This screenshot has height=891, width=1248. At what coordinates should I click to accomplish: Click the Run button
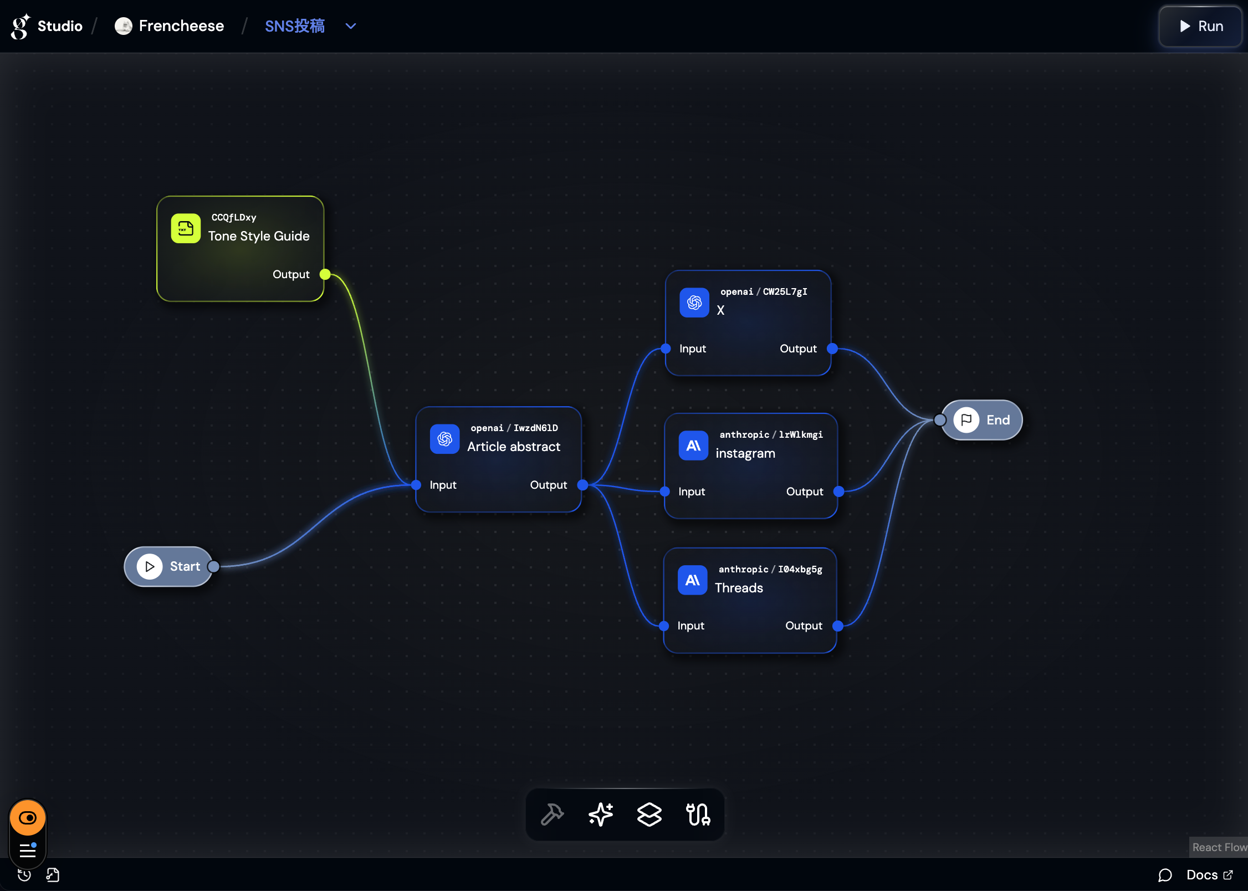click(x=1200, y=26)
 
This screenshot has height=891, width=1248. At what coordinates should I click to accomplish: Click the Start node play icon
click(x=150, y=566)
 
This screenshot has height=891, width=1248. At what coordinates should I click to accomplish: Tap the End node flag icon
click(x=966, y=420)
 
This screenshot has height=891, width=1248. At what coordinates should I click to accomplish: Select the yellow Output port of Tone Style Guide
click(x=325, y=274)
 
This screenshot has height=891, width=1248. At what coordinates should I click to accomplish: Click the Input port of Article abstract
click(x=416, y=485)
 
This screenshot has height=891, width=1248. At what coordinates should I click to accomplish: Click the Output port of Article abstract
click(x=582, y=485)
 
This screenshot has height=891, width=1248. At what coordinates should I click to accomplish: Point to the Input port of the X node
click(x=666, y=349)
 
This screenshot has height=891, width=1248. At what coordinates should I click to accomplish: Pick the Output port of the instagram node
click(x=839, y=491)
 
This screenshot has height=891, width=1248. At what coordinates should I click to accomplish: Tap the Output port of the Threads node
click(x=838, y=626)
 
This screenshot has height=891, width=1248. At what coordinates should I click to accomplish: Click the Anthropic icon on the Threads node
click(x=692, y=580)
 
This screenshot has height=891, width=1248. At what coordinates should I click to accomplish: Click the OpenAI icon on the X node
click(x=694, y=303)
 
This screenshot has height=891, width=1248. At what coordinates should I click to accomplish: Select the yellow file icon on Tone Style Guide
click(x=186, y=228)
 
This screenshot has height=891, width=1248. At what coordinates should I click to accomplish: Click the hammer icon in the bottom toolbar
click(x=552, y=815)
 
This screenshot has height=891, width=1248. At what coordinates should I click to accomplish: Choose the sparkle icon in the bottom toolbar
click(x=601, y=815)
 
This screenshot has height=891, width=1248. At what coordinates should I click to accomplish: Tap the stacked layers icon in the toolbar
click(x=649, y=815)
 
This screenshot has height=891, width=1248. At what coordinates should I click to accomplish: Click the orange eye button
click(x=28, y=818)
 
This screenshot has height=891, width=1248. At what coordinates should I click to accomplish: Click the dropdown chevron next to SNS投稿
click(x=351, y=26)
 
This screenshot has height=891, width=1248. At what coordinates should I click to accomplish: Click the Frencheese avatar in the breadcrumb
click(x=124, y=26)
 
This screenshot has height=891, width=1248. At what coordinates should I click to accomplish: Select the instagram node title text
click(x=745, y=453)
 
